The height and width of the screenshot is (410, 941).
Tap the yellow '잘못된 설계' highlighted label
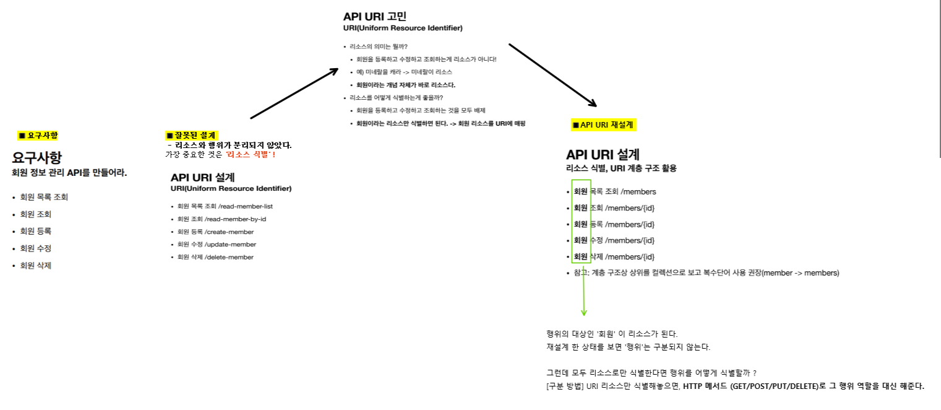(x=192, y=136)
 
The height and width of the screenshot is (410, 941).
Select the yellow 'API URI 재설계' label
(x=603, y=124)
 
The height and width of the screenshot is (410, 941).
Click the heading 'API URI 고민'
(x=375, y=17)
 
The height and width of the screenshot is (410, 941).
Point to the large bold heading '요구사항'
(x=37, y=157)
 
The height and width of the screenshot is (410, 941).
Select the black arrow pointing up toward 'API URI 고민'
(x=293, y=94)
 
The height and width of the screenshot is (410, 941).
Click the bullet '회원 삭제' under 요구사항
(x=35, y=266)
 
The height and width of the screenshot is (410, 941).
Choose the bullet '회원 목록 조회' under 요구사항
(x=44, y=197)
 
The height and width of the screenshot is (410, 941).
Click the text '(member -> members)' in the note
(x=801, y=273)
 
